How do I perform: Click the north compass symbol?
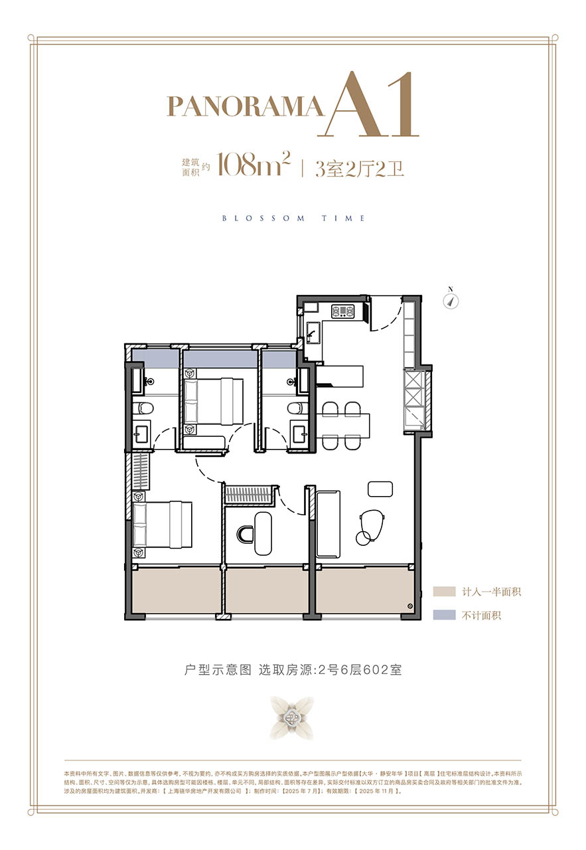tap(451, 299)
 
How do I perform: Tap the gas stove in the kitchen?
tap(344, 310)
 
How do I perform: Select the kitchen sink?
tap(311, 331)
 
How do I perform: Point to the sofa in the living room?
tap(328, 523)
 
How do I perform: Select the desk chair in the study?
tap(246, 533)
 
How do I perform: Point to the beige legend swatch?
tap(443, 592)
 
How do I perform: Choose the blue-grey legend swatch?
tap(443, 616)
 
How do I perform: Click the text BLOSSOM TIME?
tap(293, 218)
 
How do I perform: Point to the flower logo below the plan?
tap(291, 718)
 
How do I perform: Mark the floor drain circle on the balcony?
tap(410, 606)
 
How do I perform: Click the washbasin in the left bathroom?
tap(142, 435)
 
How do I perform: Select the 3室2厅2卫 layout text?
tap(359, 168)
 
